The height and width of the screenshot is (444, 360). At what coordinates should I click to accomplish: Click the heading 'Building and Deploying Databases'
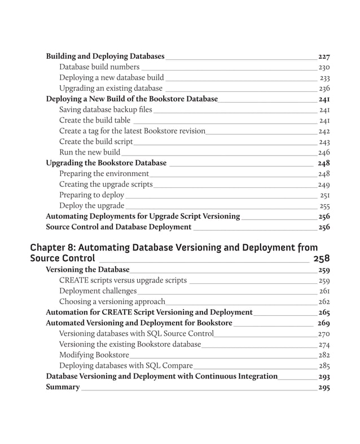tap(105, 56)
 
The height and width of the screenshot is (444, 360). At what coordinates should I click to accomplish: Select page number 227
tap(323, 57)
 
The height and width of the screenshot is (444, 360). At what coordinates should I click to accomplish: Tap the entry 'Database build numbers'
tap(99, 67)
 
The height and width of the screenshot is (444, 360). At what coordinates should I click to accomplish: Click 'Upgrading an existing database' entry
tap(111, 89)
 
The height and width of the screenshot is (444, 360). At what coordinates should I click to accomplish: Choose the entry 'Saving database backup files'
tap(106, 109)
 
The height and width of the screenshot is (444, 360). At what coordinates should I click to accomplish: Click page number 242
tap(324, 131)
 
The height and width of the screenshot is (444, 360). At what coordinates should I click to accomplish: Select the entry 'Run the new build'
tap(90, 152)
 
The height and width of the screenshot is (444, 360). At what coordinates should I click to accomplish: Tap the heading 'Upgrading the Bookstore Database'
tap(106, 163)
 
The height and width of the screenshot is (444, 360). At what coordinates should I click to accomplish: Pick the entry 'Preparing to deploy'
tap(91, 195)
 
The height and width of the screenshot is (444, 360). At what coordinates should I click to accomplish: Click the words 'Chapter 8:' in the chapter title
tap(51, 247)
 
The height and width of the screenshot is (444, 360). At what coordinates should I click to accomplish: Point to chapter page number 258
tap(321, 259)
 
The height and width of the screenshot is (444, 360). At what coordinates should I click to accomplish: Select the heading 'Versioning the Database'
tap(87, 270)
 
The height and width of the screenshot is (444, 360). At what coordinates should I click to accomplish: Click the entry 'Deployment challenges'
tap(98, 291)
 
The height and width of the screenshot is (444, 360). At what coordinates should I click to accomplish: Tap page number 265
tap(323, 313)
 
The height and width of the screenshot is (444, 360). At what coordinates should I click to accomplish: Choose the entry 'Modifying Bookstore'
tap(94, 355)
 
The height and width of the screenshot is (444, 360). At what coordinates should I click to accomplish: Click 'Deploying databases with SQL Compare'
tap(126, 366)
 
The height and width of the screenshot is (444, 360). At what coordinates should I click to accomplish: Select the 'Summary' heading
tap(63, 387)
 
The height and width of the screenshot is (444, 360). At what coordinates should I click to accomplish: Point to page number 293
tap(323, 376)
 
